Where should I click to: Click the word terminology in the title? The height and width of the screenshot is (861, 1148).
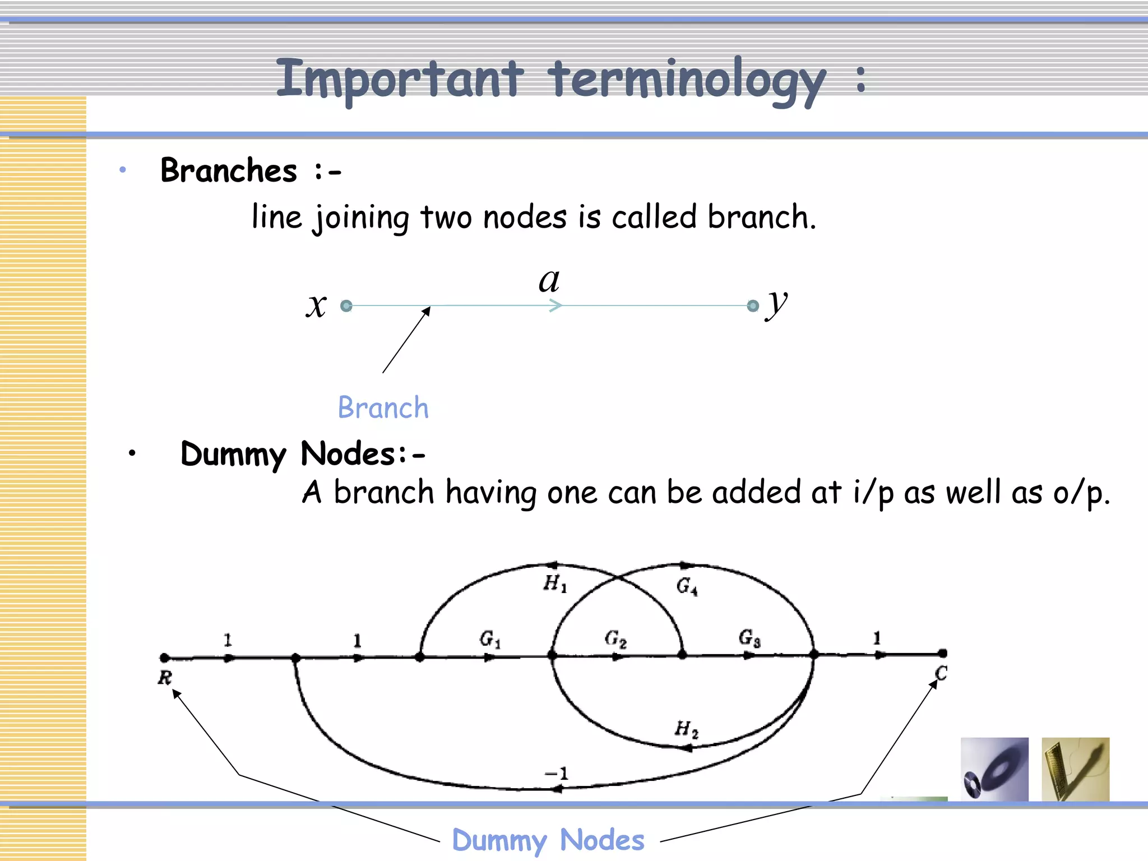[687, 80]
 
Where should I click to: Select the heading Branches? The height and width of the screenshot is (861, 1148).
[229, 170]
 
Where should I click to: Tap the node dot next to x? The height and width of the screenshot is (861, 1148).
[346, 305]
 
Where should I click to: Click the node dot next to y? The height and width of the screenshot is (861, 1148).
[753, 305]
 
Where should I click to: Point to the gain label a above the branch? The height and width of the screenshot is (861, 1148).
[549, 280]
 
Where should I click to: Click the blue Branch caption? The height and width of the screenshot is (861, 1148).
[383, 408]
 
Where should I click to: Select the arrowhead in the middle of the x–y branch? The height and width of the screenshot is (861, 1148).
[555, 305]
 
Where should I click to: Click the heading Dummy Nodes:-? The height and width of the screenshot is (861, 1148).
[303, 453]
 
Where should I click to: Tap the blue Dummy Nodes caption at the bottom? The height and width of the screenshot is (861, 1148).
[548, 840]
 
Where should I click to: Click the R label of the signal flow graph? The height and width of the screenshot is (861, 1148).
[164, 678]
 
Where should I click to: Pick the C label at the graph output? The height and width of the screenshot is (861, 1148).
[941, 673]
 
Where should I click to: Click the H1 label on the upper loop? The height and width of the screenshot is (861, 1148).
[555, 584]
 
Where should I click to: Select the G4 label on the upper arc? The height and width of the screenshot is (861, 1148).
[687, 586]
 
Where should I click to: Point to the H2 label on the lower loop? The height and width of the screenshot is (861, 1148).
[686, 729]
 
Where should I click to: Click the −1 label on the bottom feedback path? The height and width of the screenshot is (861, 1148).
[557, 774]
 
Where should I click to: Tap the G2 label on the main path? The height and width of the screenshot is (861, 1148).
[615, 638]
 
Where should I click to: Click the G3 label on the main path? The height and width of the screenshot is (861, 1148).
[749, 638]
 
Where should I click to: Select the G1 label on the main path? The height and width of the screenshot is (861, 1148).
[489, 639]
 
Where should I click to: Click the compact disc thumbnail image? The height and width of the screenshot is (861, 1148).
[994, 769]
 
